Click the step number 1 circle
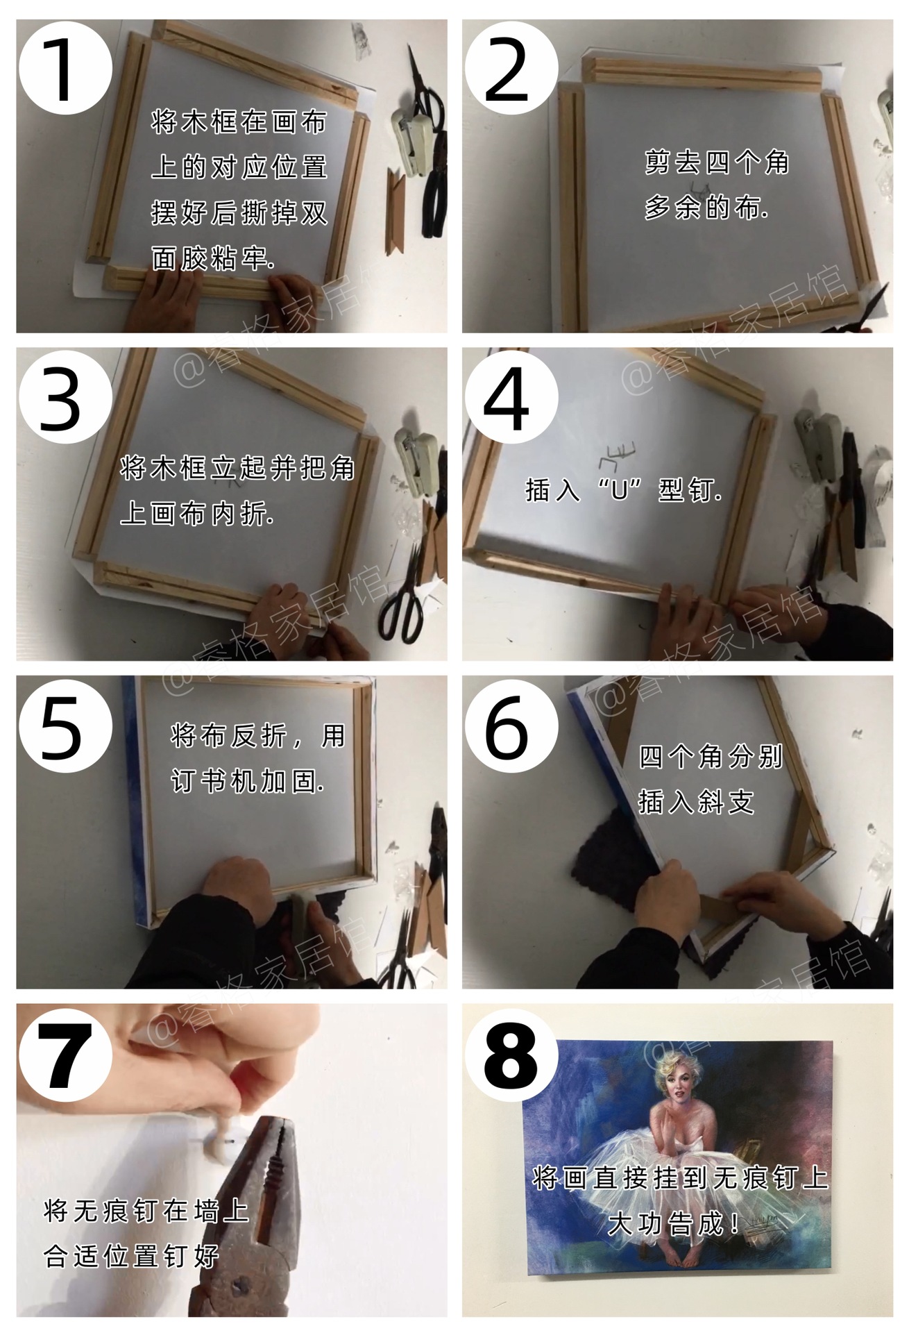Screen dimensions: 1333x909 [64, 67]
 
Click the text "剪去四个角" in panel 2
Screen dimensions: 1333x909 [716, 162]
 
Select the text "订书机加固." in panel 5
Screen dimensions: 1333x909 [248, 782]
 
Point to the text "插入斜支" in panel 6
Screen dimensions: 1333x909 [696, 802]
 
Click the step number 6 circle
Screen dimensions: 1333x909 [510, 726]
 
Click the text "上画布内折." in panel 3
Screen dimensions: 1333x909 [197, 514]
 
